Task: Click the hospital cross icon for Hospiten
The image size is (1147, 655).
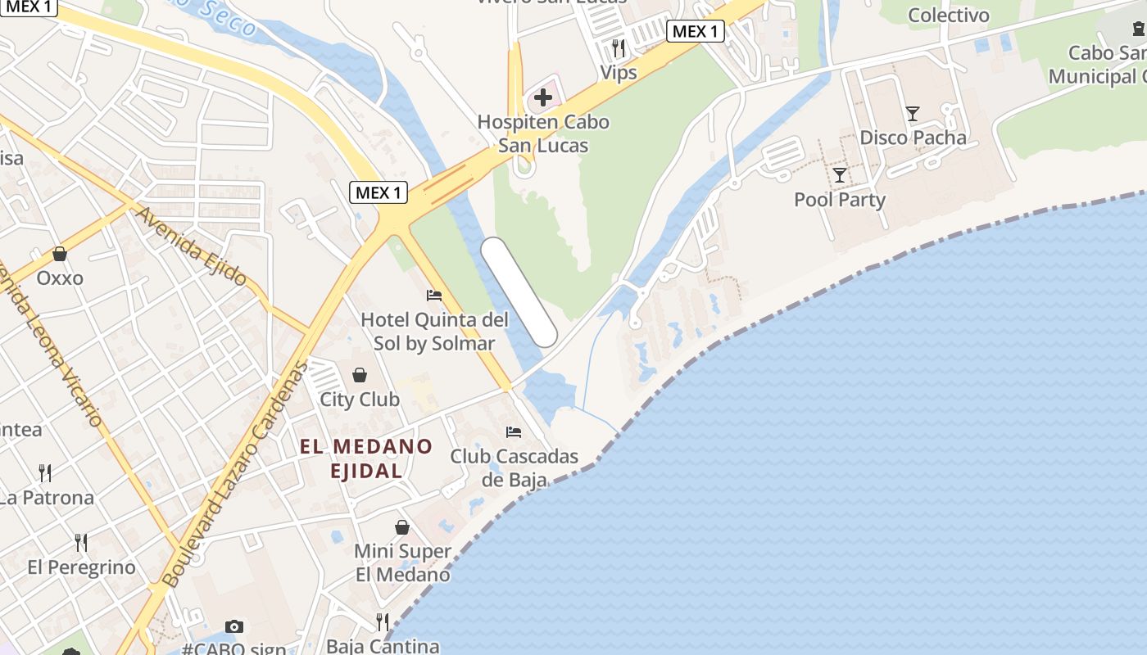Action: (x=542, y=98)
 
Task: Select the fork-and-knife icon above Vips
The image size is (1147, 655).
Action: (x=619, y=48)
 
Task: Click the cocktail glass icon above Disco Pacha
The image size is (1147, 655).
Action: (x=913, y=113)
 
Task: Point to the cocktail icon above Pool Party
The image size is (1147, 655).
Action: (x=840, y=174)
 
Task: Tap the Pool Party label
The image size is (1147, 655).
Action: (x=840, y=200)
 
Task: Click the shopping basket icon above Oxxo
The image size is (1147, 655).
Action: (x=59, y=254)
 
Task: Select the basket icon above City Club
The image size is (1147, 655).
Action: (x=360, y=375)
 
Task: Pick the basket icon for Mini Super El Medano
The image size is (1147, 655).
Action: (x=402, y=526)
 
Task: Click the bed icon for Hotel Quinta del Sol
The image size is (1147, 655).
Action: (x=434, y=295)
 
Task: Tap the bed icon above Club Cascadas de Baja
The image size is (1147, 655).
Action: (x=514, y=431)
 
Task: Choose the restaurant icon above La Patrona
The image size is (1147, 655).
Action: (x=45, y=472)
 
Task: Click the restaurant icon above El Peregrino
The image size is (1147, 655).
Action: (x=81, y=542)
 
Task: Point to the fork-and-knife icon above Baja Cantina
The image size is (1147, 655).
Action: (x=383, y=622)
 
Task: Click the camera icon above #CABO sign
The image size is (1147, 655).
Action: (x=234, y=626)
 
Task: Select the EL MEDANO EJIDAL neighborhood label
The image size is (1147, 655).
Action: (x=366, y=458)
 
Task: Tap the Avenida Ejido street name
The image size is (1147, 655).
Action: (x=192, y=246)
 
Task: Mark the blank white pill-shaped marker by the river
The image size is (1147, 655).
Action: (x=519, y=292)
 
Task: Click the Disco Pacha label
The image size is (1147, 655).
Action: (x=913, y=138)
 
